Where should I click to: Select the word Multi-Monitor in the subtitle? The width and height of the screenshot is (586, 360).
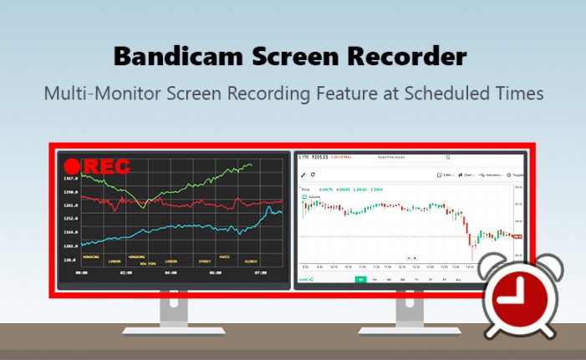[x=99, y=93]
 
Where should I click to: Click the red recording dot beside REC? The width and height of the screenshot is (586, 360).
[x=73, y=166]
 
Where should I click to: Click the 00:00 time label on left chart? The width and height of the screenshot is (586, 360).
[x=82, y=272]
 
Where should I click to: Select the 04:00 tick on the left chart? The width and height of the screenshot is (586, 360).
[x=171, y=272]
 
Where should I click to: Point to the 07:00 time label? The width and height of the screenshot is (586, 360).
[x=260, y=272]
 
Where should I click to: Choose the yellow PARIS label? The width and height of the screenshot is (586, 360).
[x=224, y=256]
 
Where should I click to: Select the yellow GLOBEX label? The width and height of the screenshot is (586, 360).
[x=251, y=261]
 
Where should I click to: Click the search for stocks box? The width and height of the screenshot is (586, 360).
[x=413, y=157]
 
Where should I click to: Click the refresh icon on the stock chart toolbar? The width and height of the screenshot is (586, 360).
[x=313, y=175]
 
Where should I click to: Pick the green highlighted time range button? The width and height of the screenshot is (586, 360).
[x=360, y=279]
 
